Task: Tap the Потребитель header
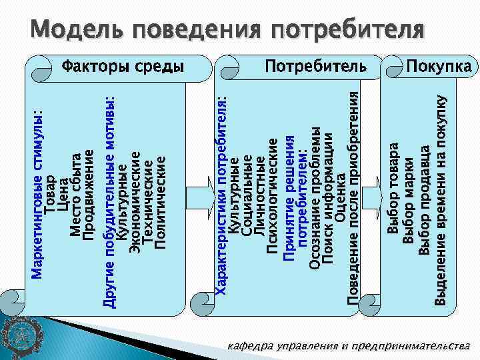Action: coord(316,66)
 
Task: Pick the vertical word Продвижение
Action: coord(89,193)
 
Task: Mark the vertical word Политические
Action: coord(160,201)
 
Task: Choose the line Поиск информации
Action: coord(327,200)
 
